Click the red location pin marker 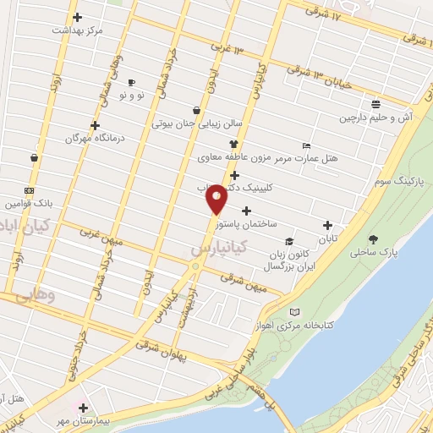216,199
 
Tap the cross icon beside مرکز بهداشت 77,17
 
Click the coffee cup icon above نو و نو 131,82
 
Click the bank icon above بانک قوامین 30,190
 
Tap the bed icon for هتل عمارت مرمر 305,145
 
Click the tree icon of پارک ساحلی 373,238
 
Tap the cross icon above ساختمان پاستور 246,211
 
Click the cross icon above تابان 327,225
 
